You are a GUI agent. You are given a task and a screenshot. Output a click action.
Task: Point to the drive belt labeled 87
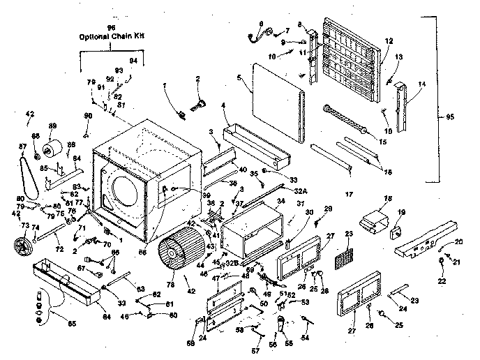[30, 174]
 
